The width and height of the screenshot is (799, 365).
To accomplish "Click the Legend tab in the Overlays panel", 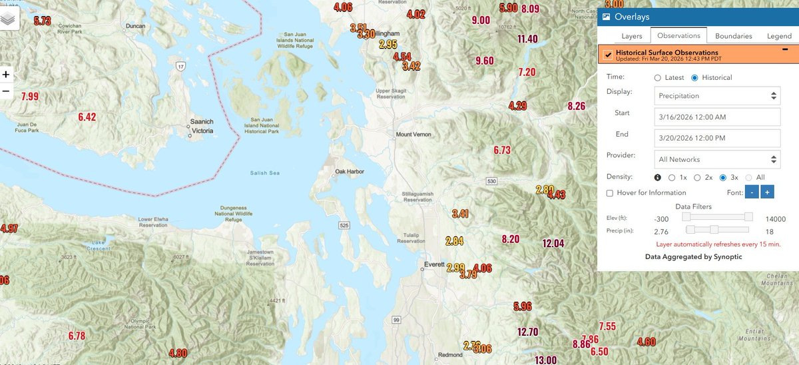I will pos(779,36).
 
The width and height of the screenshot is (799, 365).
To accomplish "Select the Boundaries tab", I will pos(734,36).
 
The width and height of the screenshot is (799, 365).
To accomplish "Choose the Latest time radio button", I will pos(658,78).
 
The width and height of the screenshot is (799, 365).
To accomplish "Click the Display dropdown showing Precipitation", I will pos(717,96).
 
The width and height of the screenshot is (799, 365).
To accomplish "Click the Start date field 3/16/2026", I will pos(717,117).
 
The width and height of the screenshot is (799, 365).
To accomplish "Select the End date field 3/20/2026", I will pos(717,139).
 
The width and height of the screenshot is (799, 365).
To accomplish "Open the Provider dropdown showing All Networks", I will pos(717,160).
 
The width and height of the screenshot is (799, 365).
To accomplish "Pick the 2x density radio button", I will pos(698,178).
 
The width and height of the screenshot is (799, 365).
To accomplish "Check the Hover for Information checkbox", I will pos(610,193).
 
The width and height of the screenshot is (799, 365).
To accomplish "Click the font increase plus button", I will pos(767,192).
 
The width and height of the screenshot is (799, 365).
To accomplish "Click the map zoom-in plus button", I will pos(6,75).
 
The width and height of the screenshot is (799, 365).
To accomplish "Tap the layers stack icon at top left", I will pos(9,19).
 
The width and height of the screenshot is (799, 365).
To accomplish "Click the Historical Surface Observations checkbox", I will pos(608,55).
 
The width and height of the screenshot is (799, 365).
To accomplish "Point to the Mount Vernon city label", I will pos(413,135).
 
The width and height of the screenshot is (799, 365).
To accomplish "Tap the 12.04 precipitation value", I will pos(553,243).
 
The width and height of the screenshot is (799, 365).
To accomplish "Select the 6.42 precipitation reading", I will pos(87,117).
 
